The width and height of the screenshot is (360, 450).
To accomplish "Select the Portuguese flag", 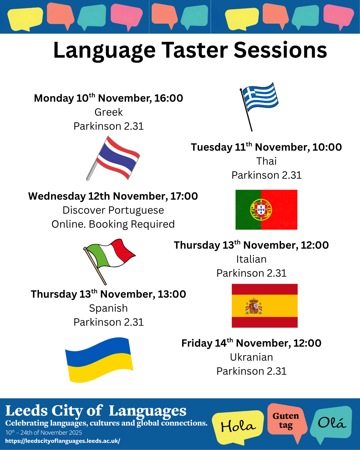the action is click(x=266, y=210).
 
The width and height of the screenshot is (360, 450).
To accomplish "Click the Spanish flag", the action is click(x=265, y=306).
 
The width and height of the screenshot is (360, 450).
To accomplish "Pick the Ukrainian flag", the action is click(x=99, y=360).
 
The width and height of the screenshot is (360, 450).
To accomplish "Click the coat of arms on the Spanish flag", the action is click(x=254, y=306).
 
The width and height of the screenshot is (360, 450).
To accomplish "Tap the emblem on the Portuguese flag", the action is click(x=261, y=210).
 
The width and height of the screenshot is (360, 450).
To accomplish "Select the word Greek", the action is click(x=109, y=112).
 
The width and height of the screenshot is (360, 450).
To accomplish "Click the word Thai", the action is click(x=266, y=161).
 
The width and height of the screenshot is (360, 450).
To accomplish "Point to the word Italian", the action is click(x=251, y=259).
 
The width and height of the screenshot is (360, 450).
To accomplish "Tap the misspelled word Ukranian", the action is click(x=251, y=357).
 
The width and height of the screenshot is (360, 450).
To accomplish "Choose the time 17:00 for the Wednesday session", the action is click(x=184, y=196).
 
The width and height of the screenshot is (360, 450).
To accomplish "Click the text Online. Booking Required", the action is click(x=113, y=224).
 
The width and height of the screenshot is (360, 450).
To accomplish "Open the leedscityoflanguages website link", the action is click(x=63, y=441).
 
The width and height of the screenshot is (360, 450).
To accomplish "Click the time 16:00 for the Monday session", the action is click(x=169, y=98).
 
